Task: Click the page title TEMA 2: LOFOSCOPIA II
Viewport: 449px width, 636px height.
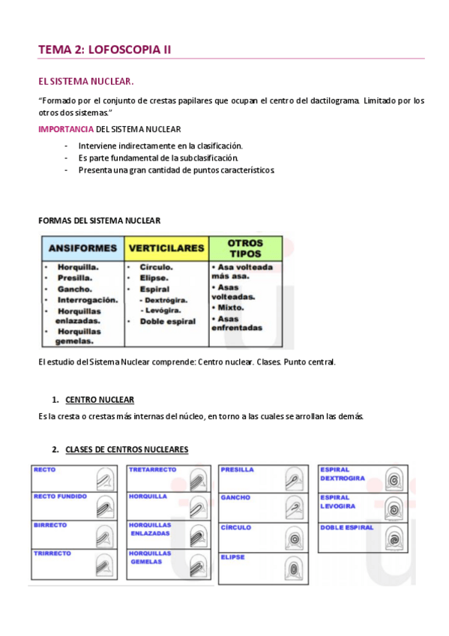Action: tap(105, 49)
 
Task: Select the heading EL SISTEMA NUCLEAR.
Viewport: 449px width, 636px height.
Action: tap(85, 81)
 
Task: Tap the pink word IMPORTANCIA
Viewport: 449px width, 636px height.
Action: tap(66, 129)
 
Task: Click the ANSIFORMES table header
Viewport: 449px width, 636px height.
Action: tap(82, 247)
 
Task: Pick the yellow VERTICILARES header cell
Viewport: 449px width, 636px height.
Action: tap(166, 247)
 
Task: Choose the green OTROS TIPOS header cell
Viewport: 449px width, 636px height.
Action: tap(245, 248)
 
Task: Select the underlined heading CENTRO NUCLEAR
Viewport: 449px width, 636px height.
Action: tap(100, 400)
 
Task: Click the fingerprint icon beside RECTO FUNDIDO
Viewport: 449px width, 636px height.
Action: tap(107, 506)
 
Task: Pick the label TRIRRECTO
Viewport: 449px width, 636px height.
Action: tap(52, 553)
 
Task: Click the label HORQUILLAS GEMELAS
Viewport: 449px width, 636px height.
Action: tap(150, 557)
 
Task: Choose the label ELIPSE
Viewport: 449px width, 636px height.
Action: tap(233, 557)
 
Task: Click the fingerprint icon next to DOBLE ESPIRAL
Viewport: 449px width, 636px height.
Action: tap(393, 537)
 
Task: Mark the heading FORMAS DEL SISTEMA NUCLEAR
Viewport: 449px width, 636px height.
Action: tap(98, 220)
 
